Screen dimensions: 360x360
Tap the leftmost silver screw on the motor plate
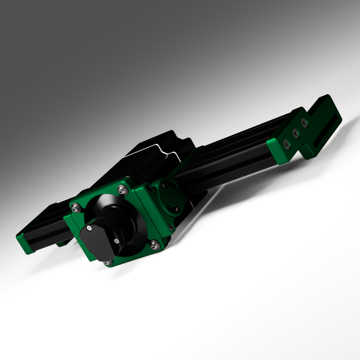pyautogui.click(x=76, y=208)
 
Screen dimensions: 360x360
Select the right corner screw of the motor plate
pyautogui.click(x=153, y=246)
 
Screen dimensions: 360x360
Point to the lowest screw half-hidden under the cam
pyautogui.click(x=107, y=263)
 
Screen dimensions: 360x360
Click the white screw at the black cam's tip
pyautogui.click(x=89, y=228)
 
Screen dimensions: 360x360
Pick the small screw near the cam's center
pyautogui.click(x=116, y=241)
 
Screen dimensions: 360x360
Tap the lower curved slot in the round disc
pyautogui.click(x=174, y=208)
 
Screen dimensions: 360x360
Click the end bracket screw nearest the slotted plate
pyautogui.click(x=304, y=122)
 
